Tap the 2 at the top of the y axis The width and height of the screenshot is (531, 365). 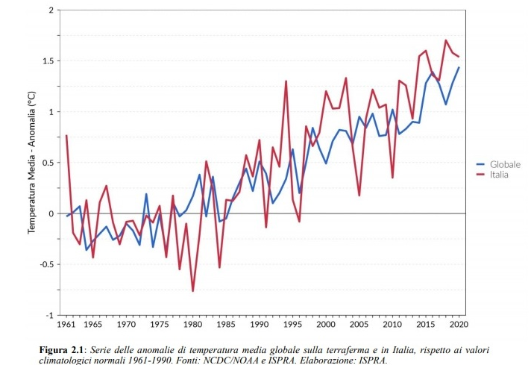pyautogui.click(x=51, y=10)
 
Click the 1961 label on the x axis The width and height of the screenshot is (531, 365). pyautogui.click(x=66, y=325)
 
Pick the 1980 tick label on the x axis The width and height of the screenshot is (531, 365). pyautogui.click(x=192, y=325)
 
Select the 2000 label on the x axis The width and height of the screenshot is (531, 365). pyautogui.click(x=326, y=325)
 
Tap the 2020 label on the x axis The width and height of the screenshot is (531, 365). pyautogui.click(x=459, y=325)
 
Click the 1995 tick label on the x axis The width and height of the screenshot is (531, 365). pyautogui.click(x=292, y=325)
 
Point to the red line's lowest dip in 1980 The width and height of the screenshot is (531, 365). pyautogui.click(x=193, y=291)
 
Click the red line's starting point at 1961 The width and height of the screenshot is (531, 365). pyautogui.click(x=66, y=136)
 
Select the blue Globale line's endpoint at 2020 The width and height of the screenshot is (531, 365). pyautogui.click(x=459, y=68)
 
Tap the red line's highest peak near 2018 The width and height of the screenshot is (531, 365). pyautogui.click(x=446, y=40)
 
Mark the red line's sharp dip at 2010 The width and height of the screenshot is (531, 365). pyautogui.click(x=392, y=178)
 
